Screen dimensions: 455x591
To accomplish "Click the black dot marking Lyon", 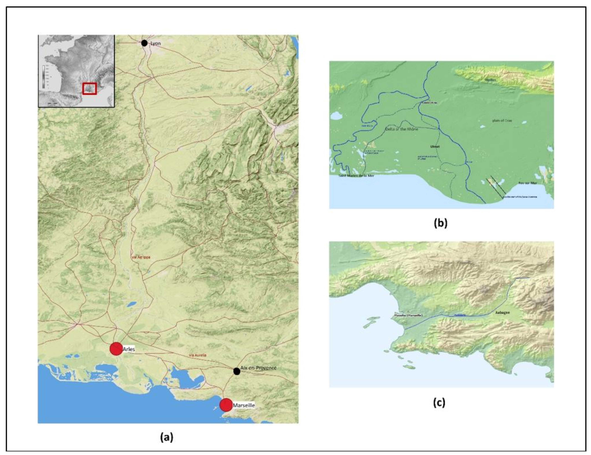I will tap(144, 43).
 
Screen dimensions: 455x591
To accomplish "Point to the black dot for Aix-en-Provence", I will tap(237, 371).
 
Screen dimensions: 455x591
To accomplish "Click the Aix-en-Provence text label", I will tap(258, 368).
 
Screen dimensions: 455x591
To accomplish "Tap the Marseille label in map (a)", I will tap(244, 406).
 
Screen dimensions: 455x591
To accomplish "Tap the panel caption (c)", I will tap(439, 402).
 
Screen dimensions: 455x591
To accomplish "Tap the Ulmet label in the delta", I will tap(435, 147).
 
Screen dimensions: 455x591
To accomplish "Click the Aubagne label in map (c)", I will tap(502, 312).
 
